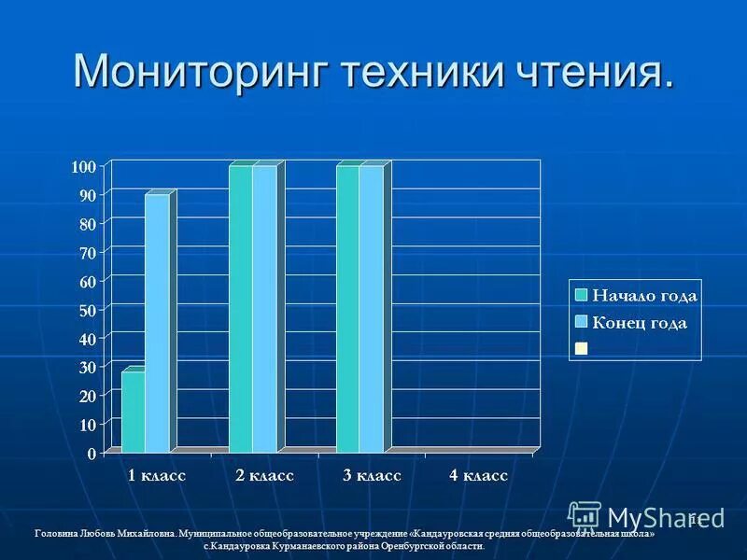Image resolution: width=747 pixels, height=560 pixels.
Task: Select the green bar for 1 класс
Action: tap(133, 411)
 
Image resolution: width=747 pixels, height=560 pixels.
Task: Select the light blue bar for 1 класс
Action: tap(157, 322)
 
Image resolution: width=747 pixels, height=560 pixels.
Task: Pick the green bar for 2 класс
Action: tap(240, 308)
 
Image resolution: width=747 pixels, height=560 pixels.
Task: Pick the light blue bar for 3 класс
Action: tap(371, 308)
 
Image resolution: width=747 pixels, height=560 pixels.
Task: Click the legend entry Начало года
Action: tap(645, 296)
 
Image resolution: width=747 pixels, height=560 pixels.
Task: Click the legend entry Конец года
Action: tap(641, 323)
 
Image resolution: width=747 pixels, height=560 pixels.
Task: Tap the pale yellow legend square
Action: tap(581, 348)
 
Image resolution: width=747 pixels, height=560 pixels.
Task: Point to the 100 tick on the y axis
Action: tap(84, 166)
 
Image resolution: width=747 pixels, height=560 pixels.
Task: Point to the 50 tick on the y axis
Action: tap(87, 309)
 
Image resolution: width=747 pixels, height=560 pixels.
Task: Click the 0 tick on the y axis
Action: tap(92, 454)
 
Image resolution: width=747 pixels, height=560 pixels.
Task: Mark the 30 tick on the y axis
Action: tap(87, 367)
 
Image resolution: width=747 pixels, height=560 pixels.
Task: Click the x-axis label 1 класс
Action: tap(157, 476)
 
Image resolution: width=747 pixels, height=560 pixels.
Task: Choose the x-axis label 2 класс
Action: tap(264, 476)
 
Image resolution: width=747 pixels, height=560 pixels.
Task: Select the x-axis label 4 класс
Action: tap(478, 476)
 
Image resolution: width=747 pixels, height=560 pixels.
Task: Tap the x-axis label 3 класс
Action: tap(372, 476)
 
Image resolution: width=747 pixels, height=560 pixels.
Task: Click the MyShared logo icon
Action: tap(585, 517)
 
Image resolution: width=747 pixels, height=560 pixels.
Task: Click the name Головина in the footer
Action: tap(54, 534)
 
